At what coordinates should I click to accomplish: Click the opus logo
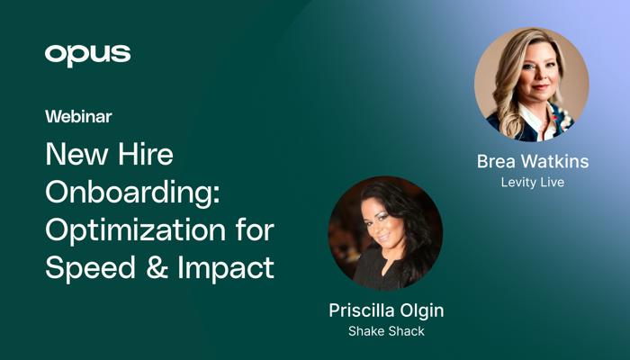click(x=87, y=56)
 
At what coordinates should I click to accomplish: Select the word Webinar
click(x=78, y=117)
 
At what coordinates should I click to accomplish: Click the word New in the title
click(x=75, y=154)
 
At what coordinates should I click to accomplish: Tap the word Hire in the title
click(x=146, y=154)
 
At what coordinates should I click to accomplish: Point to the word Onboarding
click(x=130, y=193)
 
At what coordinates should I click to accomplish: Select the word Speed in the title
click(x=90, y=269)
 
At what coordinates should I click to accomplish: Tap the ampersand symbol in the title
click(x=157, y=267)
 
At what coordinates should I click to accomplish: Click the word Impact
click(x=226, y=269)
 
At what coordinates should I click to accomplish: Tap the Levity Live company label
click(x=533, y=183)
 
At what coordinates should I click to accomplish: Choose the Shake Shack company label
click(x=386, y=331)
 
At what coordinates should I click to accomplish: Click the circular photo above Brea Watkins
click(x=532, y=85)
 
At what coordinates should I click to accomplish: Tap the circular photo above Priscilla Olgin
click(x=386, y=233)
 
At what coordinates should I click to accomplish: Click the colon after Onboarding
click(x=216, y=195)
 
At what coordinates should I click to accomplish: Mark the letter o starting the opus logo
click(x=54, y=54)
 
